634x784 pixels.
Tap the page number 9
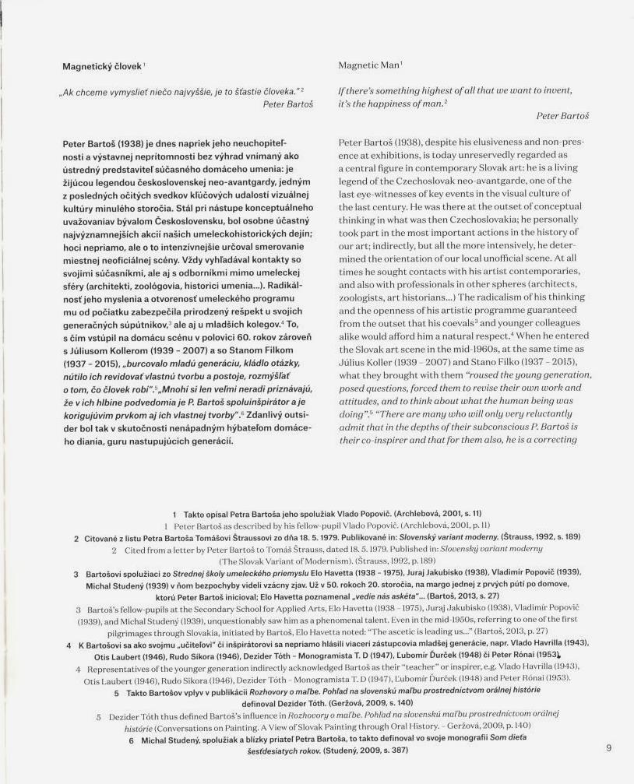[608, 748]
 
